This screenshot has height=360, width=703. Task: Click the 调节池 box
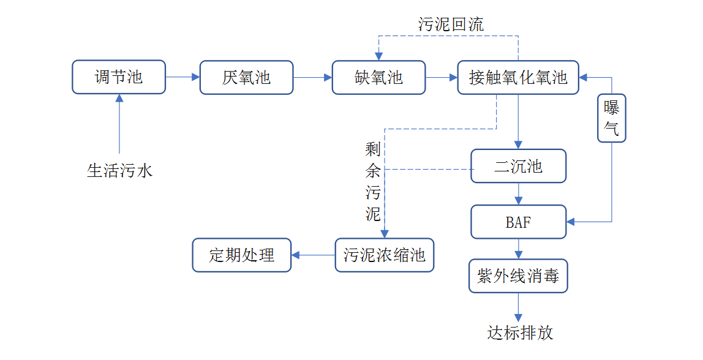click(118, 77)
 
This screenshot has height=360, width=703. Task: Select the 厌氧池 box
click(246, 77)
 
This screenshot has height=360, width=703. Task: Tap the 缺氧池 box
click(378, 77)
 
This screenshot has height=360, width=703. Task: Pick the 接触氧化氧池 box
click(518, 77)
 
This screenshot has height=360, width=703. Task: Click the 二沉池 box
click(518, 166)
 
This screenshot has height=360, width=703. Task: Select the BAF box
click(518, 222)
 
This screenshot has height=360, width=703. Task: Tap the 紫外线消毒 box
click(518, 276)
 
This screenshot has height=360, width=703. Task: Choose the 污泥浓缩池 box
click(385, 255)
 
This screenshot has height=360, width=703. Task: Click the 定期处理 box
click(242, 255)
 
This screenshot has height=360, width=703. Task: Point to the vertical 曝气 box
click(611, 118)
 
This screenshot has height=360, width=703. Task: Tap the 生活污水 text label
click(119, 171)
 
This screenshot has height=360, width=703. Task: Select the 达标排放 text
click(520, 333)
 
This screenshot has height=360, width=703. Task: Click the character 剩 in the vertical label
click(373, 149)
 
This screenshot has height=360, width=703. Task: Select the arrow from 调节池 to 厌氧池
click(182, 77)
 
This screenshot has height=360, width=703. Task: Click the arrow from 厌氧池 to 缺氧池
click(312, 77)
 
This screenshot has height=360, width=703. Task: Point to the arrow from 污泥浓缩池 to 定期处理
click(313, 255)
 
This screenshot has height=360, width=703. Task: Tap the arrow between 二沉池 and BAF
click(519, 193)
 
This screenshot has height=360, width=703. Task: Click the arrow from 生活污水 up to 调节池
click(119, 122)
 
